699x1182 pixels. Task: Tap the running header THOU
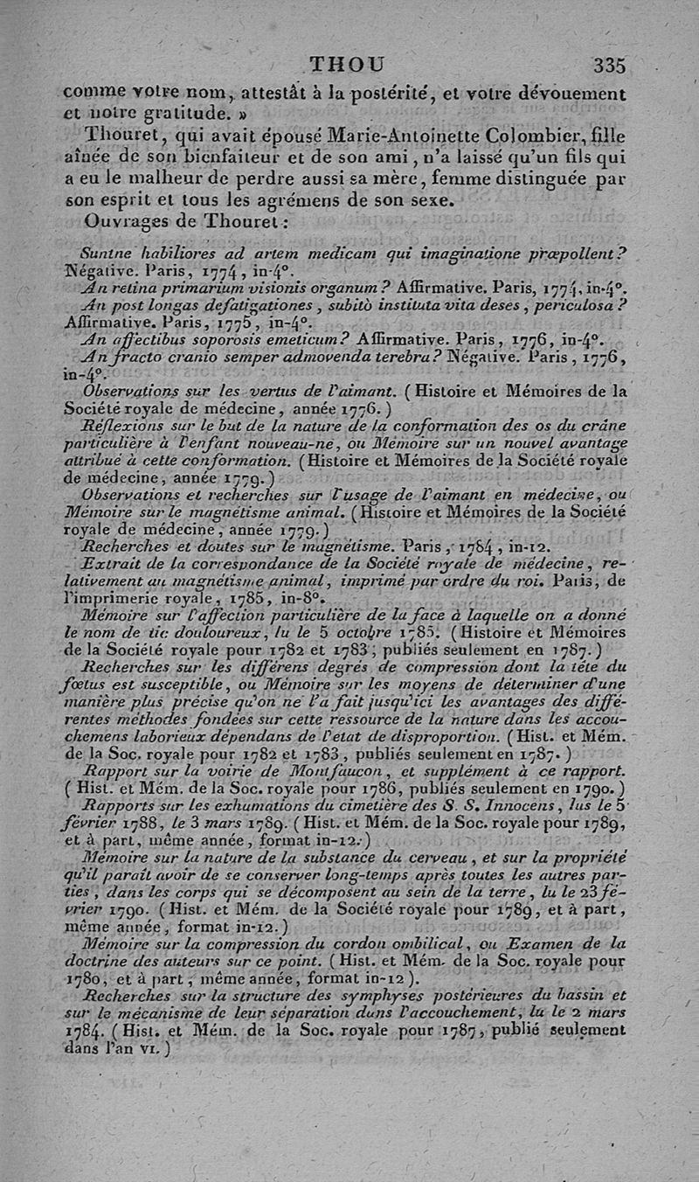[347, 65]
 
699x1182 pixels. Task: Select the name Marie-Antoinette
[396, 137]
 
